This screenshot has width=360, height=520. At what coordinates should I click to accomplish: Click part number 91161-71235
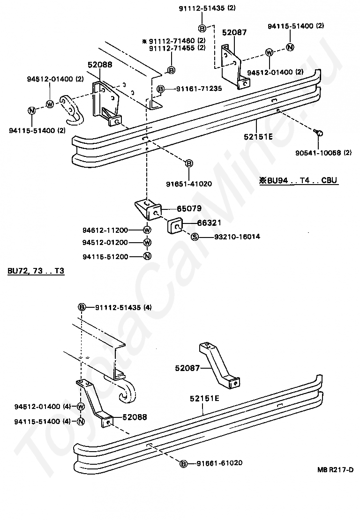click(x=195, y=88)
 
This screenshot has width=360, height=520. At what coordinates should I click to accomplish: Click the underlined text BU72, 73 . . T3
click(x=36, y=271)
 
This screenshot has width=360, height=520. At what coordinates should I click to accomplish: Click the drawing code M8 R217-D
click(x=335, y=470)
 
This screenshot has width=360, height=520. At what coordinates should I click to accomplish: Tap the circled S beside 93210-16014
click(x=195, y=237)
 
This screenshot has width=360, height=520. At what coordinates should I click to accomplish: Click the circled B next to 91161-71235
click(x=161, y=88)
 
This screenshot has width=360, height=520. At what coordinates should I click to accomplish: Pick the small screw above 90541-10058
click(x=318, y=133)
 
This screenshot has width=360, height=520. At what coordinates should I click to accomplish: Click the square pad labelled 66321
click(x=175, y=226)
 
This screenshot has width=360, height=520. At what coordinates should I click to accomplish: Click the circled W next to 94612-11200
click(x=147, y=230)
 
